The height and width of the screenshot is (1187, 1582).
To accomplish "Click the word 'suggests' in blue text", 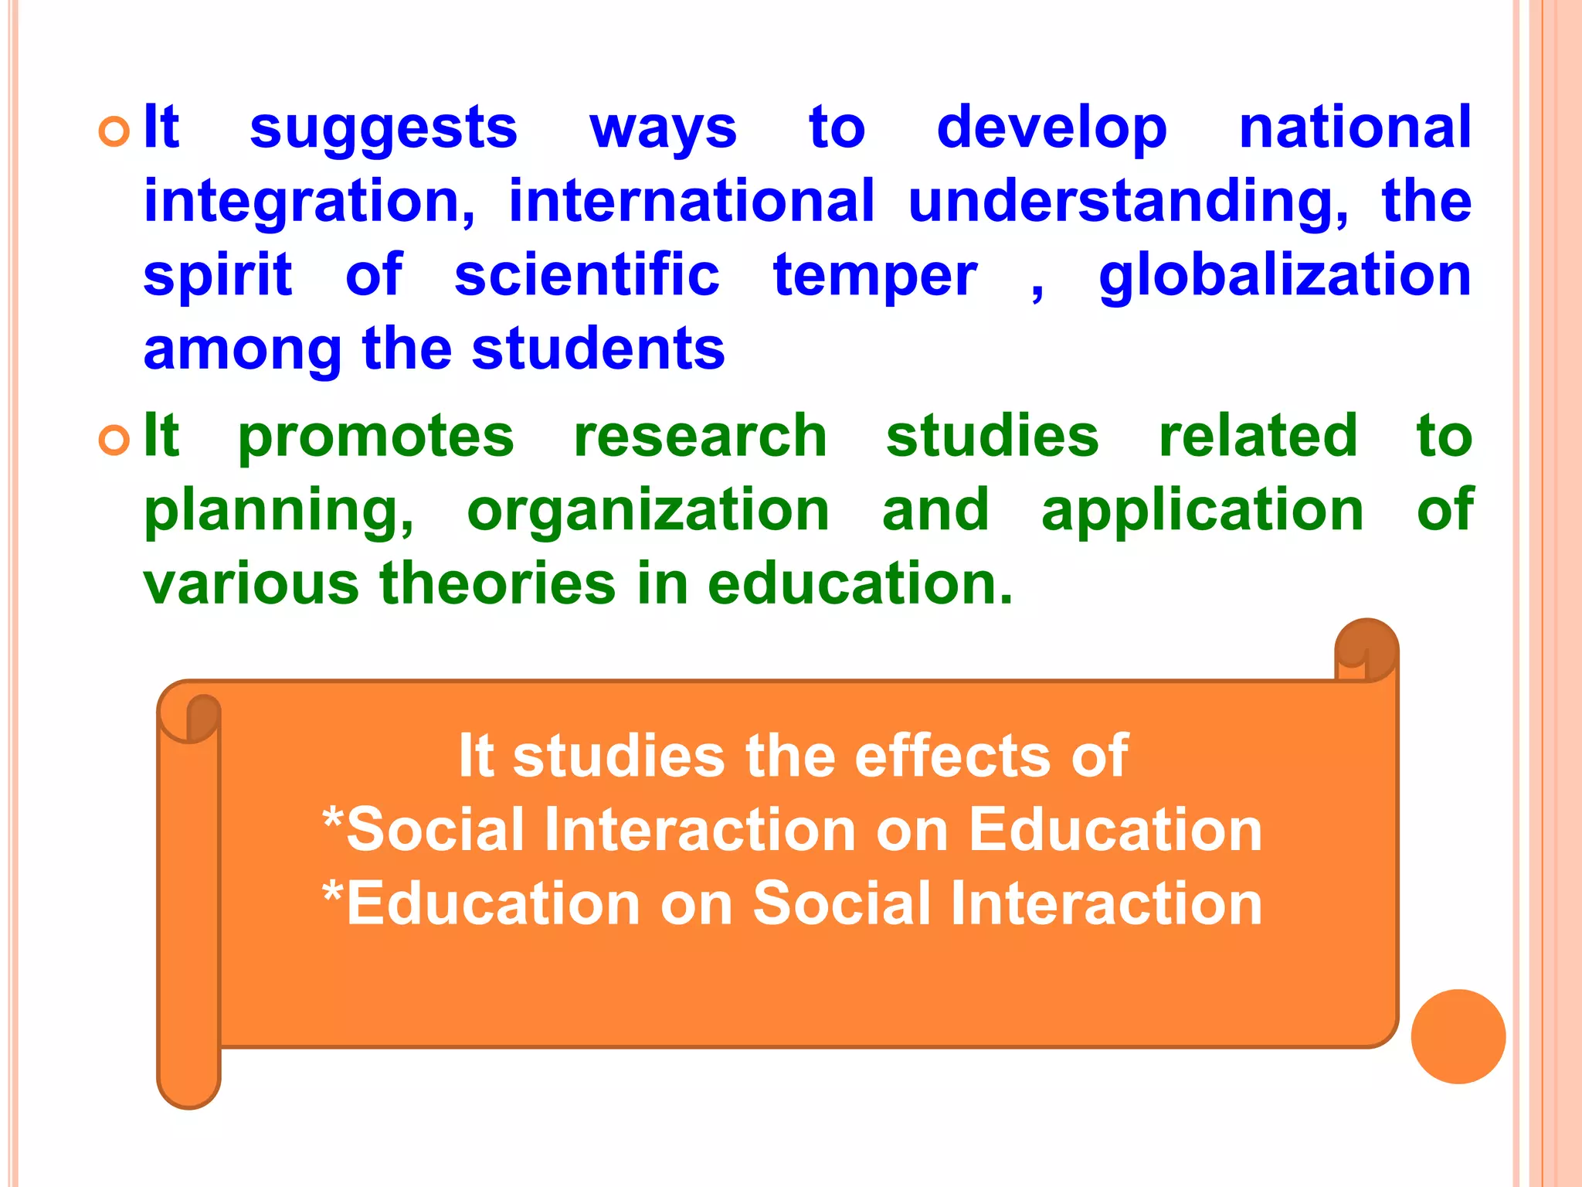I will (x=383, y=128).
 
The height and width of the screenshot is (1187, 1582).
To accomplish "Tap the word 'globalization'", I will (x=1285, y=276).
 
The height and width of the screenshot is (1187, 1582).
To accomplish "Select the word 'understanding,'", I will (x=1128, y=202).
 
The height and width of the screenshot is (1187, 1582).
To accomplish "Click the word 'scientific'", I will (x=587, y=276).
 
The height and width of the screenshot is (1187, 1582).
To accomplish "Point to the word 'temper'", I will (x=875, y=276).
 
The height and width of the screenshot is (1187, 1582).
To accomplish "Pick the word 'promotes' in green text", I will (x=375, y=437).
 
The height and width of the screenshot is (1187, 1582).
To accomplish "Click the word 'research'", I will (x=700, y=437).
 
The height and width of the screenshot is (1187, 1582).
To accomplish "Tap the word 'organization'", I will (x=648, y=511).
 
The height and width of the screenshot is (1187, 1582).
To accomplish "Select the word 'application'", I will (x=1202, y=511).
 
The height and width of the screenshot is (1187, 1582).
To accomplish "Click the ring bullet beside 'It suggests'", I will (x=114, y=132).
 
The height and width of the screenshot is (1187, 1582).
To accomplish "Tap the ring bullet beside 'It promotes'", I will (x=114, y=440).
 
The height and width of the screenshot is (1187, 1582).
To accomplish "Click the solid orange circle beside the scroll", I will (x=1458, y=1036).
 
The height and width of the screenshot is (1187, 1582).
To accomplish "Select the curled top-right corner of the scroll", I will (x=1366, y=648).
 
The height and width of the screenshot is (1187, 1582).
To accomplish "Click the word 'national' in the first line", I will (x=1355, y=128).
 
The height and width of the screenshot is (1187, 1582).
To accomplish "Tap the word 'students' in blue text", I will (x=598, y=349).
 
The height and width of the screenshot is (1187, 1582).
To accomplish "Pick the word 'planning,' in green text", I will (x=279, y=511).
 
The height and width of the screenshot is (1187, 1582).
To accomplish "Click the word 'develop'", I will (x=1051, y=128).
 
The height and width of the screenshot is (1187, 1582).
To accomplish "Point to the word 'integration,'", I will (x=309, y=202).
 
